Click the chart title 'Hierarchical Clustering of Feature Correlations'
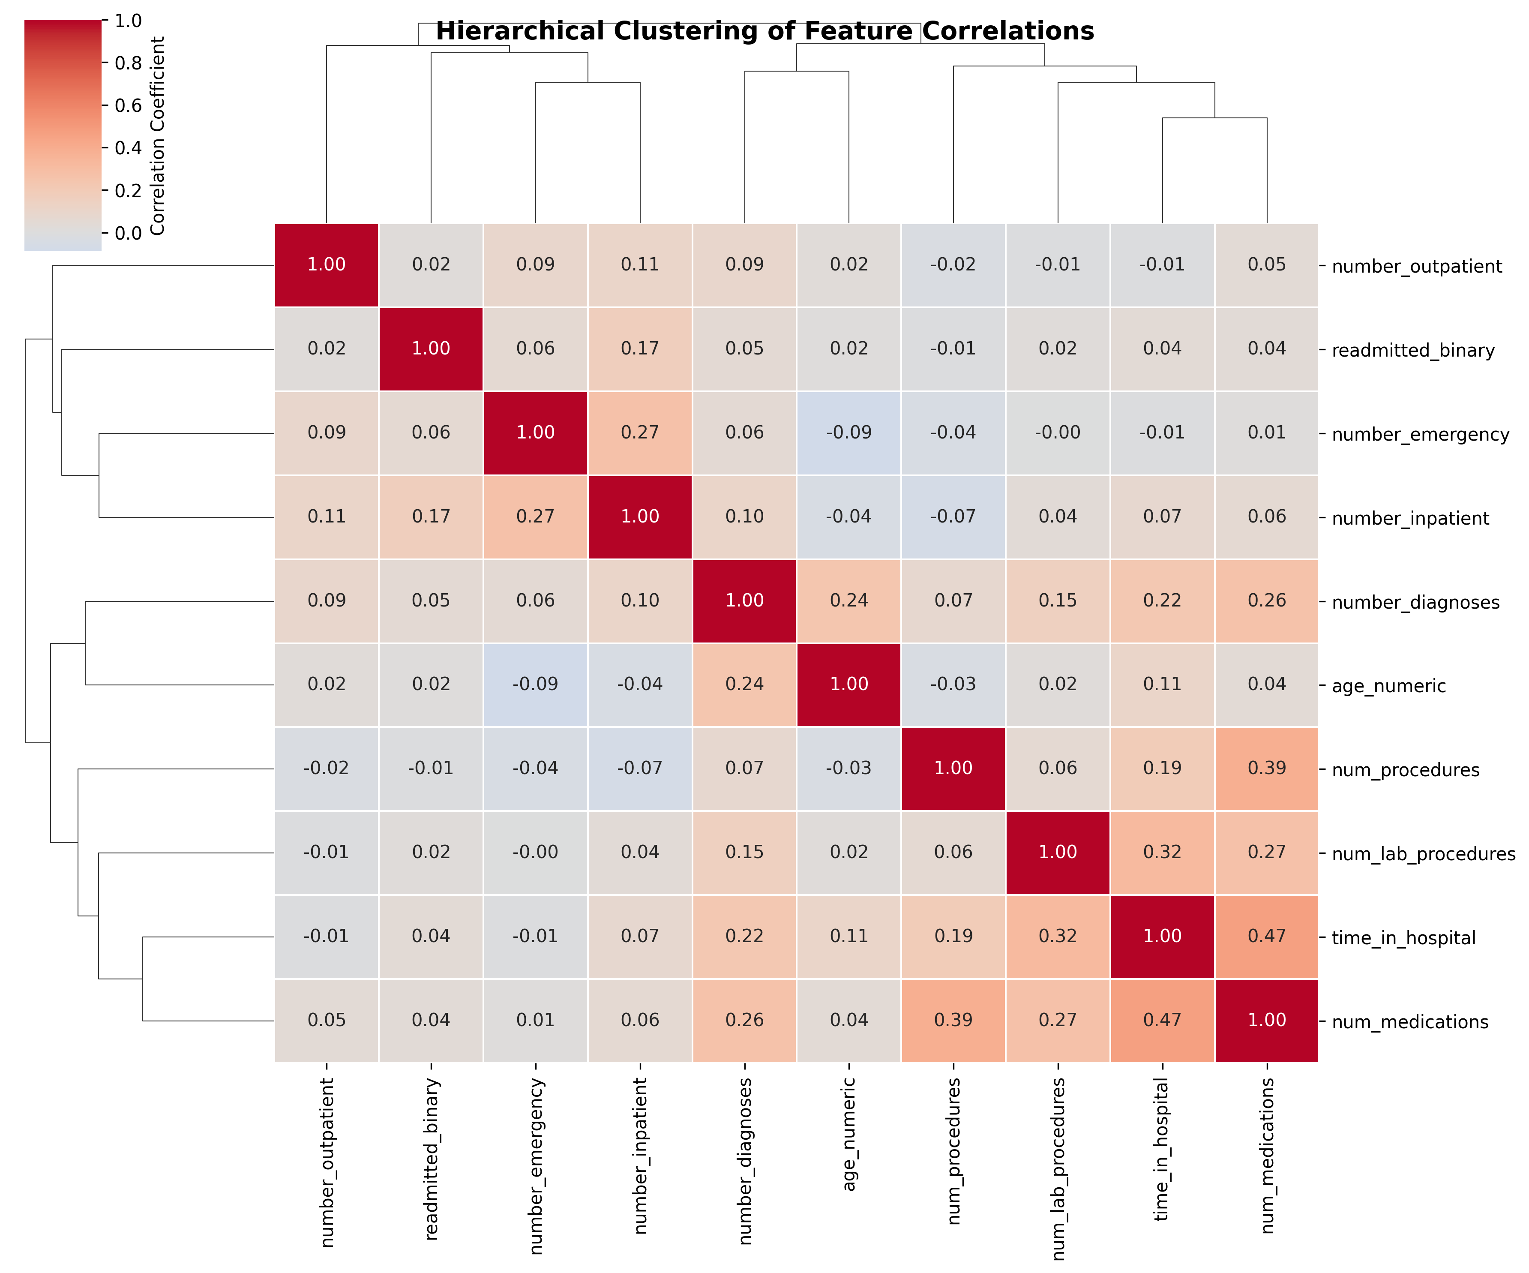[764, 31]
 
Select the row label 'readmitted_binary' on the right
[1412, 350]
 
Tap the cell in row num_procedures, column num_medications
[1267, 769]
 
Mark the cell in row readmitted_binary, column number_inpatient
[640, 349]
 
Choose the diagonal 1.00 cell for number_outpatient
[326, 265]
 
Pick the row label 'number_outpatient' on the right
[1416, 267]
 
